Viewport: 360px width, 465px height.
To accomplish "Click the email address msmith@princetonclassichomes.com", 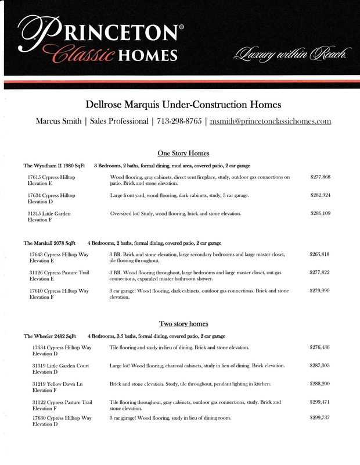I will point(271,121).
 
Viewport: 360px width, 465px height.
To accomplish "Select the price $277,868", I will point(321,177).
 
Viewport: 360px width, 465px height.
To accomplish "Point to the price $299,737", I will point(321,418).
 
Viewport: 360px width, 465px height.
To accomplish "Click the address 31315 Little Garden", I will point(49,214).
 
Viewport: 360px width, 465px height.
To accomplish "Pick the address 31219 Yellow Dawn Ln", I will point(57,385).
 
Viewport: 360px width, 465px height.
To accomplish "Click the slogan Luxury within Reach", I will point(290,56).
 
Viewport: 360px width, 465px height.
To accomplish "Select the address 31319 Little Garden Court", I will point(62,366).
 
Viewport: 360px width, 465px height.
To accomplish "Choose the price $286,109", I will point(321,214).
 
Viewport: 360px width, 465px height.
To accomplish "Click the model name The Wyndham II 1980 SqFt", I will point(54,166).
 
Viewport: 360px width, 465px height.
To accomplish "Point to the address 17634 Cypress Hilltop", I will point(51,195).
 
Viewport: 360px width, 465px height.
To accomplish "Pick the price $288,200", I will point(321,385).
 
